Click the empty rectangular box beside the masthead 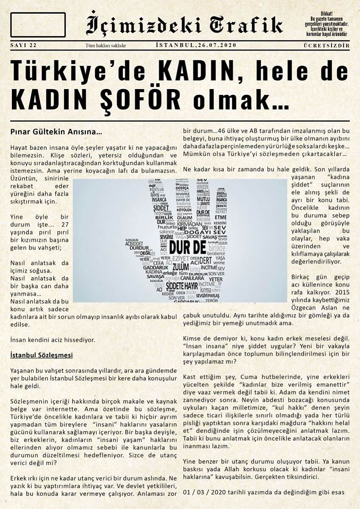click(38, 25)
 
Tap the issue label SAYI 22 click(23, 45)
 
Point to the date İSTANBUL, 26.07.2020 click(196, 45)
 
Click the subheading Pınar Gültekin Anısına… click(56, 132)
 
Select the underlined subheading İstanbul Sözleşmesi click(41, 355)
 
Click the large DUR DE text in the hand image click(186, 247)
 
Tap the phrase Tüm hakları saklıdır click(105, 46)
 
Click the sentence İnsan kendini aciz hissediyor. click(52, 339)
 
